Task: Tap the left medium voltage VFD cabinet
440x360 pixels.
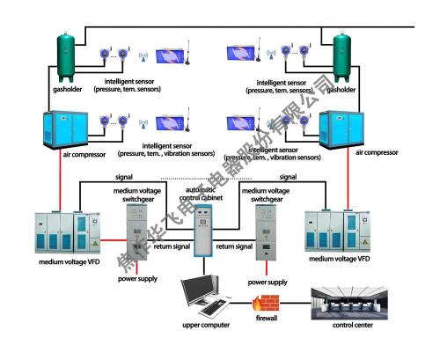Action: coord(62,235)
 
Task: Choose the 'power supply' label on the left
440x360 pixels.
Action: coord(136,279)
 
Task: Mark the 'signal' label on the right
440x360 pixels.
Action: coord(287,178)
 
